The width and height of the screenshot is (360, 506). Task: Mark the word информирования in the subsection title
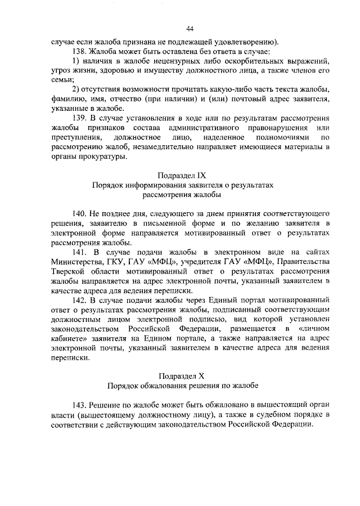click(x=156, y=185)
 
